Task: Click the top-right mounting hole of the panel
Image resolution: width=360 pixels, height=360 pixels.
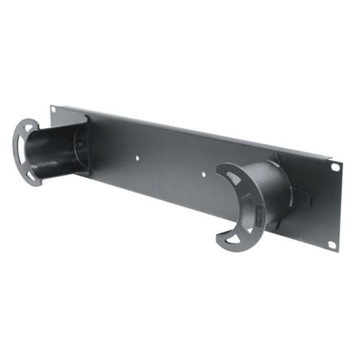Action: [x=335, y=167]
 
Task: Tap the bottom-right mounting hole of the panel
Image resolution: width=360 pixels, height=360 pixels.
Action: [x=331, y=243]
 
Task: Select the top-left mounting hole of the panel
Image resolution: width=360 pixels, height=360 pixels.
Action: [x=53, y=109]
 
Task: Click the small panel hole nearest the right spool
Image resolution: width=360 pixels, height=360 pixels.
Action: [x=204, y=174]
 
